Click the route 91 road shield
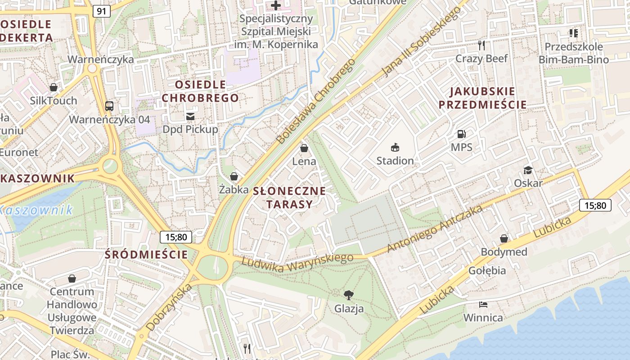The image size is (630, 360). pyautogui.click(x=102, y=11)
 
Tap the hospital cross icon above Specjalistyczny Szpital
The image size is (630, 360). pyautogui.click(x=276, y=5)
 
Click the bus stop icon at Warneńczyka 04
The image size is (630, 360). pyautogui.click(x=109, y=106)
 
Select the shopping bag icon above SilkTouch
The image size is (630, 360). pyautogui.click(x=54, y=87)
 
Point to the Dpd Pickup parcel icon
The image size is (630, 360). pyautogui.click(x=190, y=117)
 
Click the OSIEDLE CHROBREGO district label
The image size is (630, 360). pyautogui.click(x=200, y=91)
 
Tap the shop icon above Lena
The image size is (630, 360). pyautogui.click(x=304, y=148)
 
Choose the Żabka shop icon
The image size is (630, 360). pyautogui.click(x=234, y=176)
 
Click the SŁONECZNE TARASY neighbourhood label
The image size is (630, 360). pyautogui.click(x=289, y=198)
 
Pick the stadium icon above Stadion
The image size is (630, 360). pyautogui.click(x=395, y=147)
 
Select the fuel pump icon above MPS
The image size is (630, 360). pyautogui.click(x=461, y=134)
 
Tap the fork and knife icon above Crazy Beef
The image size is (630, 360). pyautogui.click(x=481, y=45)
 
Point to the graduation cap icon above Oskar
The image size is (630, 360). pyautogui.click(x=528, y=170)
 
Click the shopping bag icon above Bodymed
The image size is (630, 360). pyautogui.click(x=504, y=238)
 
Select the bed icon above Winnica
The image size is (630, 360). pyautogui.click(x=483, y=305)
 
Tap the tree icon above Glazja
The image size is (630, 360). pyautogui.click(x=349, y=295)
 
